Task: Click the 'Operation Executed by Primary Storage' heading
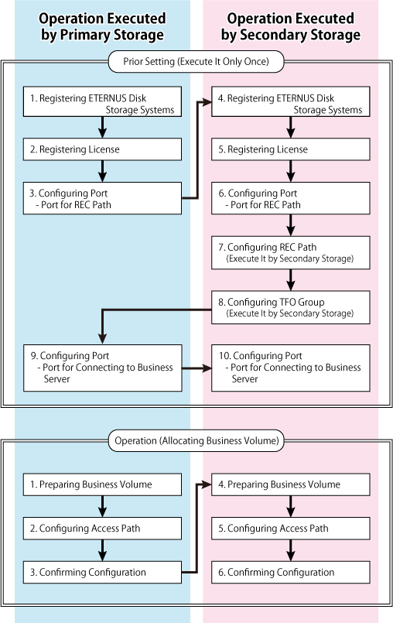(x=102, y=26)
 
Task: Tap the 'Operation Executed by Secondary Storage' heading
(x=290, y=26)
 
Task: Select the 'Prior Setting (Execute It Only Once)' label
(x=196, y=62)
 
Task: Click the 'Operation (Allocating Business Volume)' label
(x=196, y=440)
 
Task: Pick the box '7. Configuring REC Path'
(x=290, y=253)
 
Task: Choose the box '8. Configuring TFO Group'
(x=290, y=307)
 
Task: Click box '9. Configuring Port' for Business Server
(x=103, y=368)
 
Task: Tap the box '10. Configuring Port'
(x=290, y=368)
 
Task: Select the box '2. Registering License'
(x=103, y=149)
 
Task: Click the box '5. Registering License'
(x=290, y=149)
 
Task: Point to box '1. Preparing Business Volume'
(x=103, y=484)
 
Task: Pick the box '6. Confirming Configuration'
(x=290, y=572)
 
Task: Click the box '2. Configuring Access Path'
(x=103, y=529)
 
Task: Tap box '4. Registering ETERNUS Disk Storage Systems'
(x=290, y=101)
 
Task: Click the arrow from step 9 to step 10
(x=196, y=368)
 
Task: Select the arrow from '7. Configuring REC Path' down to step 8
(x=290, y=280)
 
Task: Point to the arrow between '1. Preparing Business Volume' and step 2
(x=103, y=506)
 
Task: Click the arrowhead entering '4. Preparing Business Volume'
(x=207, y=484)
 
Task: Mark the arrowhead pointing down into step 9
(x=103, y=339)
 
